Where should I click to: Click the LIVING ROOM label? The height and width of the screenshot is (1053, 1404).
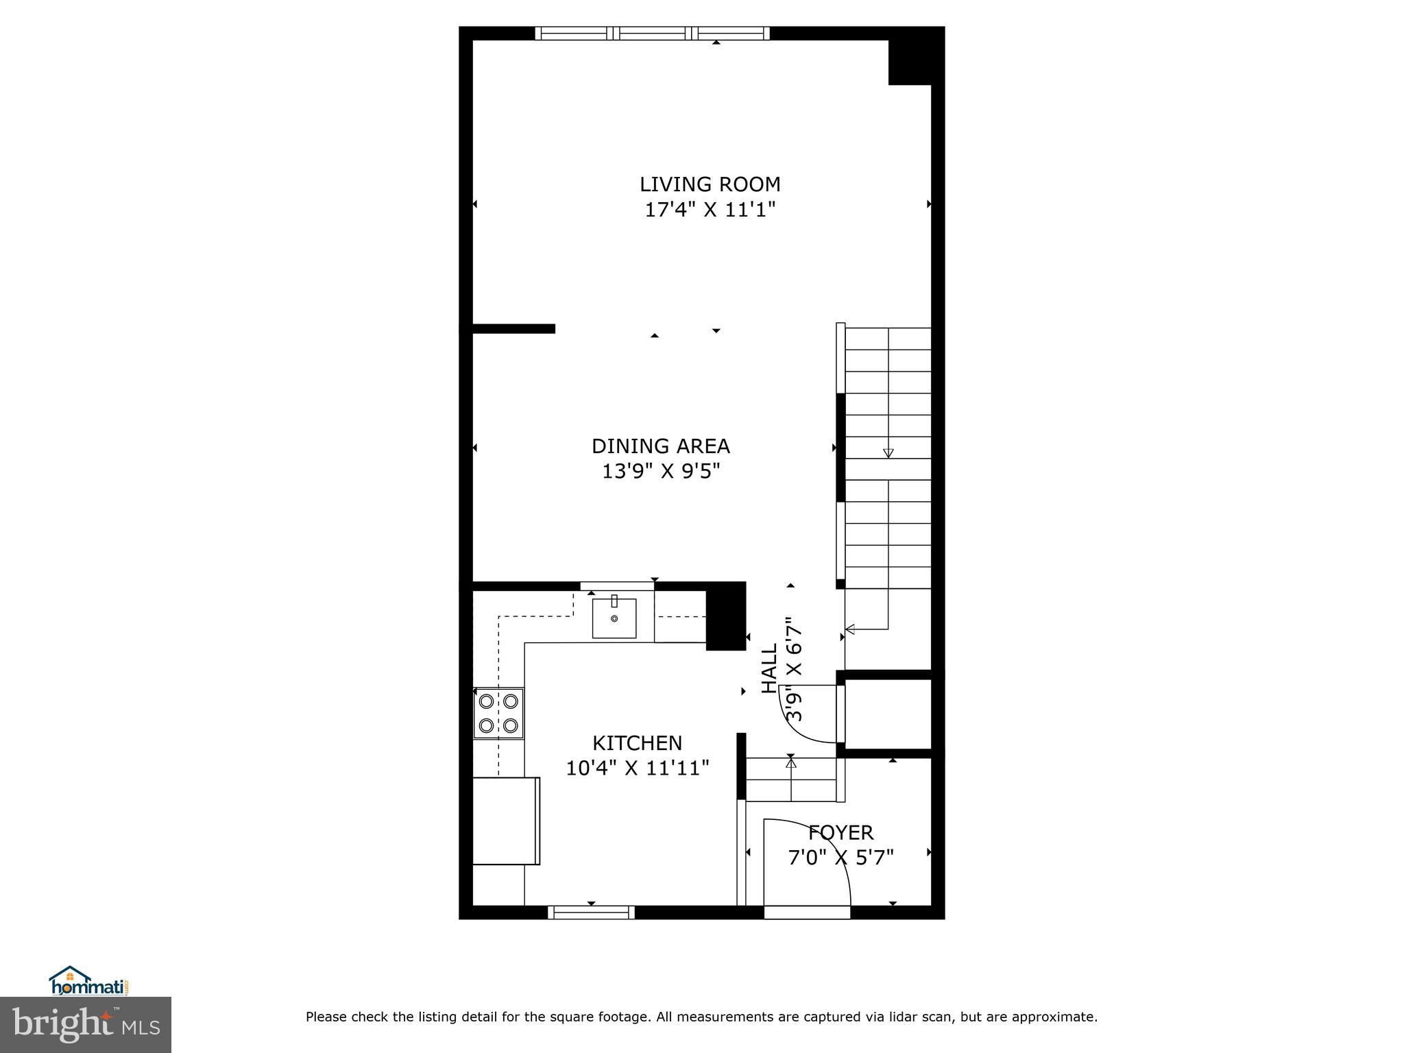point(710,184)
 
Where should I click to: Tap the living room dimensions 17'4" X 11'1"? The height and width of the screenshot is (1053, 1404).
point(710,210)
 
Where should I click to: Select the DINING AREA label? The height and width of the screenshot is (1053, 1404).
point(660,446)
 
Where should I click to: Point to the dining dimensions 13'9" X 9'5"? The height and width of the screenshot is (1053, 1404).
point(660,472)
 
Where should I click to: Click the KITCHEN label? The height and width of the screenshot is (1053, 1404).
point(637,743)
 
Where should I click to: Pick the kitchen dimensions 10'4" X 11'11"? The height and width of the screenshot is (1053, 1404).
point(637,768)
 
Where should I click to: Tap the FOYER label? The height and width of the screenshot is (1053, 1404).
point(840,832)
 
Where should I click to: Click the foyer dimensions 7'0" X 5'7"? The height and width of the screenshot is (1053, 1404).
point(840,858)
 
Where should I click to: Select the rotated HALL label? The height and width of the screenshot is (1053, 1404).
point(770,668)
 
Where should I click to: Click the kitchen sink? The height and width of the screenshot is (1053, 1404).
point(614,618)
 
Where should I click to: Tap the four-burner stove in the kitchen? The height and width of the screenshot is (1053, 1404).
point(498,713)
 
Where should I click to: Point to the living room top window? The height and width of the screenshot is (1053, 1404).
point(652,33)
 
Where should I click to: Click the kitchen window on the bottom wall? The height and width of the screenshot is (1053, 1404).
point(591,912)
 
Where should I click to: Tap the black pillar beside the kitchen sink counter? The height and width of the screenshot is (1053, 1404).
point(725,616)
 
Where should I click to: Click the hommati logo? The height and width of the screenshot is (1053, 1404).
point(89,981)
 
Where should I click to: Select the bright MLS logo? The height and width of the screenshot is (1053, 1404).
point(86,1024)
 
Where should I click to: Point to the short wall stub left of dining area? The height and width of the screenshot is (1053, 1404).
point(513,328)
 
